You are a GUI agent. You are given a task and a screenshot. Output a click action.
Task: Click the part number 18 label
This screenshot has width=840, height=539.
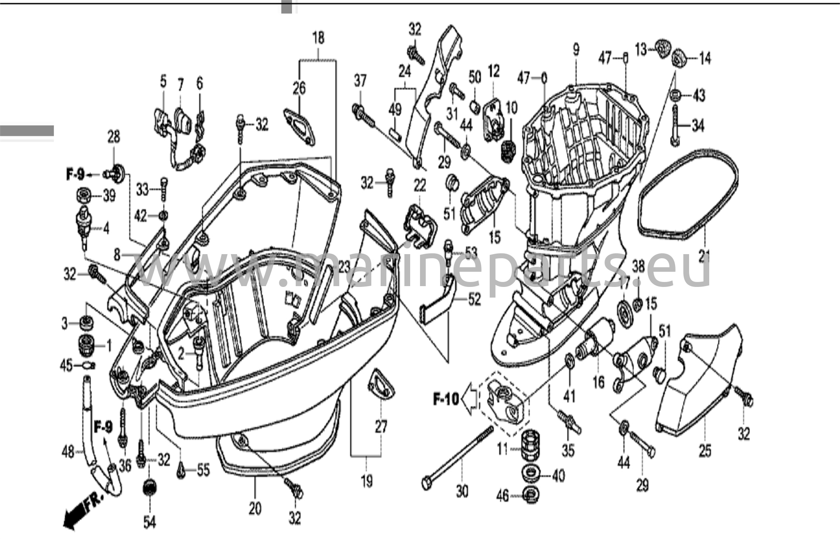(318, 38)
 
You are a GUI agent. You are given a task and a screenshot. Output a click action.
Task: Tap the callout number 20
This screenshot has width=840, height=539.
(255, 509)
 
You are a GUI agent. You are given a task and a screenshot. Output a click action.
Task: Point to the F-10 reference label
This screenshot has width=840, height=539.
(446, 399)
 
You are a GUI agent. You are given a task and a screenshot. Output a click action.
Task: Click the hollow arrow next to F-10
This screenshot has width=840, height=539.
(469, 399)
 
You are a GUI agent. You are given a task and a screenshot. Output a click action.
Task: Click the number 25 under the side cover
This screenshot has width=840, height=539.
(705, 451)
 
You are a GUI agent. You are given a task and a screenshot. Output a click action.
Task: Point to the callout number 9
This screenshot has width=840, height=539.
(576, 50)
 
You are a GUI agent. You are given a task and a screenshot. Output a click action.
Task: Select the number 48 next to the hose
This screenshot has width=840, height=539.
(68, 452)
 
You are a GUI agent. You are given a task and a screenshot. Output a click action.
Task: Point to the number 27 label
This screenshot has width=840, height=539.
(381, 427)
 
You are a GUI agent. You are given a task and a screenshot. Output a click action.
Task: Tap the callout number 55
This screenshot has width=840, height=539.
(203, 470)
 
